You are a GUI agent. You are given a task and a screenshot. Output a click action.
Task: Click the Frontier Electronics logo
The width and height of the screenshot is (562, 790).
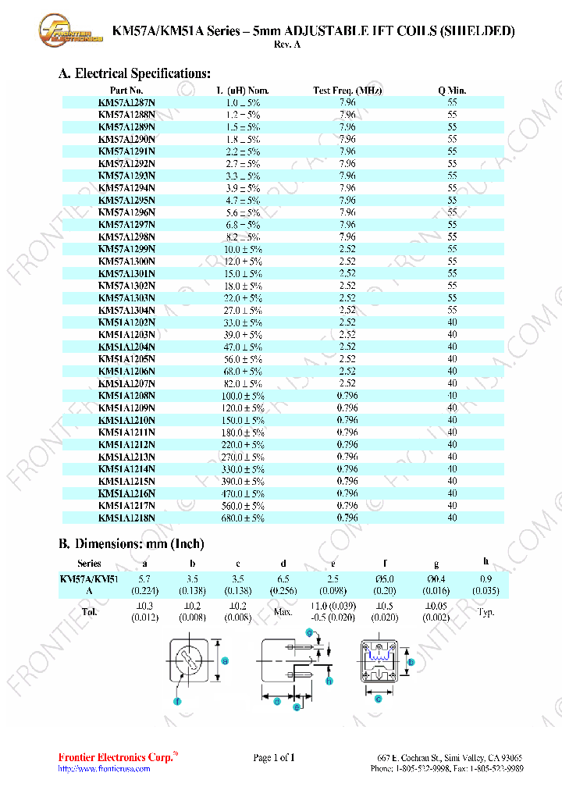coord(70,31)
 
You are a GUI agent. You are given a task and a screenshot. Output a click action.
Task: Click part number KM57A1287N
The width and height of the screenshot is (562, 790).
coord(126,102)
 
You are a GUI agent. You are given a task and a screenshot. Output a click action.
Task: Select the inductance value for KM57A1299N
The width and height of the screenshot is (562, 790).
coord(244,249)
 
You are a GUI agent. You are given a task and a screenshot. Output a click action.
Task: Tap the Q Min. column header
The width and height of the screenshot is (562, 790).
coord(452,91)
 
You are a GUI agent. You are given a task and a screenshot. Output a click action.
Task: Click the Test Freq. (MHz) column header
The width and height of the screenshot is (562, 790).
coord(347,91)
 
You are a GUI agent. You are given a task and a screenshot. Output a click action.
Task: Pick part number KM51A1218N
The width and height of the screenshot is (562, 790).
coord(126,518)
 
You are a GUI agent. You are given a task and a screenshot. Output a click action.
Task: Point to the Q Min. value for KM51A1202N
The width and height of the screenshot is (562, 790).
coord(452,322)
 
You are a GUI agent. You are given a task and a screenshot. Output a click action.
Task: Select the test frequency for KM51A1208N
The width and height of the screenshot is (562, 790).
coord(347,396)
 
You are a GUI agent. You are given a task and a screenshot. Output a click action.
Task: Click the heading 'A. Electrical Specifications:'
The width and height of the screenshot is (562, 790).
coord(134,73)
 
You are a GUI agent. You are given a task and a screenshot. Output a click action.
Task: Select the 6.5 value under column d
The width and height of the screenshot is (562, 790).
coord(283,579)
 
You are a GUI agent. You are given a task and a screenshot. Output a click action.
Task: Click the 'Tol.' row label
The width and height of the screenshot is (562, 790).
coord(90,611)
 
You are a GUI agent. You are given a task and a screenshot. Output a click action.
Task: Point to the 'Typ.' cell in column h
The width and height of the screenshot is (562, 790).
coord(486,612)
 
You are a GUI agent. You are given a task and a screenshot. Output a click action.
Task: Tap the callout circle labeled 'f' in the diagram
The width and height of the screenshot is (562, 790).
coord(178,702)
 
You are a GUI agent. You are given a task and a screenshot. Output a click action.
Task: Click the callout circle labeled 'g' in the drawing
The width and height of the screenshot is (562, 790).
coord(308,632)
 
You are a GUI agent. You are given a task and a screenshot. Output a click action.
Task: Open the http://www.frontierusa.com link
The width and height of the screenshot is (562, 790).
coord(104,769)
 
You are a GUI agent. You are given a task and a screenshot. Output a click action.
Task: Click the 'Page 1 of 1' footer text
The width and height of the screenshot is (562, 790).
coord(274,757)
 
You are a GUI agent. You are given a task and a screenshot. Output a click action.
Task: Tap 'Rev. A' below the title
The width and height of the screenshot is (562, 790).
coord(286,44)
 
